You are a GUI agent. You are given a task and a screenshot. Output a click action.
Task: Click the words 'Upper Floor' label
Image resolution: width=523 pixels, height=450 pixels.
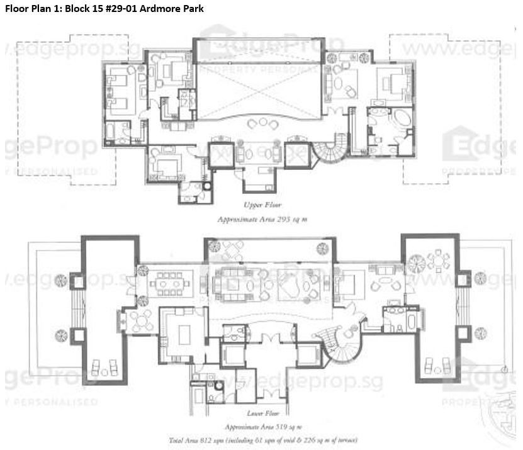pyautogui.click(x=262, y=205)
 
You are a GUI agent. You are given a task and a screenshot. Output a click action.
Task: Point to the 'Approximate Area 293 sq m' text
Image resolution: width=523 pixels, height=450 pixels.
pyautogui.click(x=262, y=219)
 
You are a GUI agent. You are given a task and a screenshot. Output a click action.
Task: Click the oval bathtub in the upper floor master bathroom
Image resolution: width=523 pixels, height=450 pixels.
pyautogui.click(x=400, y=121)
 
